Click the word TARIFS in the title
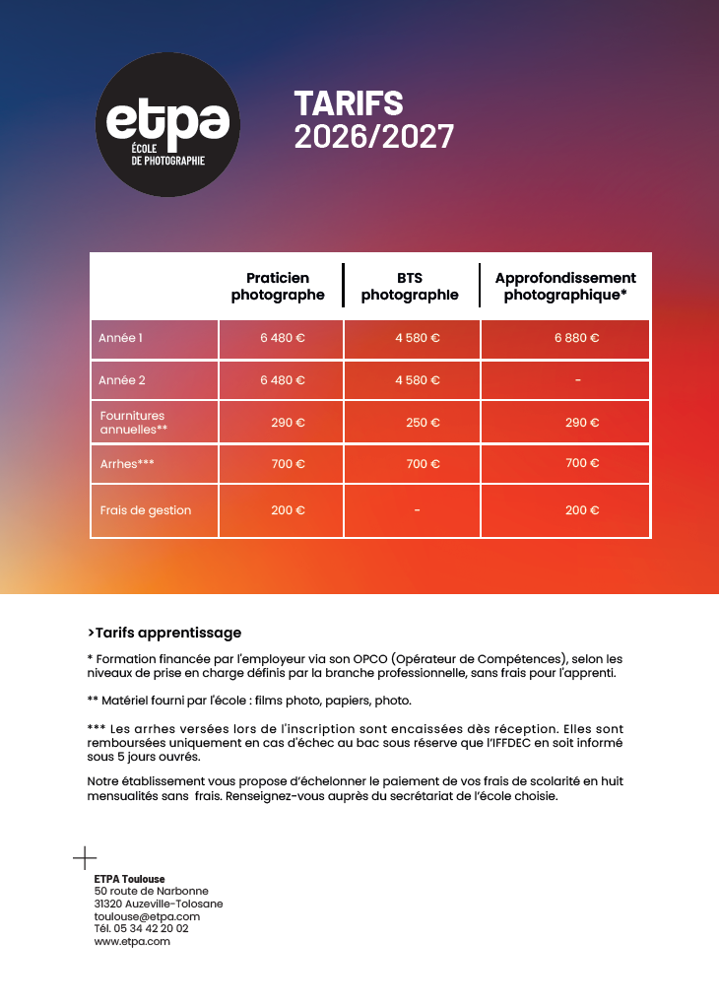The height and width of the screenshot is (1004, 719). click(x=349, y=103)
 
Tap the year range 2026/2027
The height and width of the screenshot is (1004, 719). click(x=373, y=137)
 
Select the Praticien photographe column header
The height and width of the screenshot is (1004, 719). click(x=278, y=286)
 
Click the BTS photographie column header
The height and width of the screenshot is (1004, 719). click(x=410, y=286)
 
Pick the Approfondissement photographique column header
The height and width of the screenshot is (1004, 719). click(x=565, y=286)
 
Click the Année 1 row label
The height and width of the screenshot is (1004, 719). click(x=121, y=338)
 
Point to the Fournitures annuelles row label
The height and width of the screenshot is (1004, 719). click(x=134, y=423)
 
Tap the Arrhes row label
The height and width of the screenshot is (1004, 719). click(x=127, y=463)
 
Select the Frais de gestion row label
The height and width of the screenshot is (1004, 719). click(x=146, y=510)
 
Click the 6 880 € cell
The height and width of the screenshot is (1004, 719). click(x=576, y=338)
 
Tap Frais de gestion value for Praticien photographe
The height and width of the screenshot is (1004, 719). click(x=288, y=510)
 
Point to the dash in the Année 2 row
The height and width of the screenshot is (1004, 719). click(x=577, y=379)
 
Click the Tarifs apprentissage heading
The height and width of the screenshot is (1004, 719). click(x=163, y=633)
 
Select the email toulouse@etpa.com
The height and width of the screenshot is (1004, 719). click(x=147, y=916)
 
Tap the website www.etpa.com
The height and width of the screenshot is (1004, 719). click(x=132, y=941)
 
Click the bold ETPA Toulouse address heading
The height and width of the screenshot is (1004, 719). click(x=129, y=878)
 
